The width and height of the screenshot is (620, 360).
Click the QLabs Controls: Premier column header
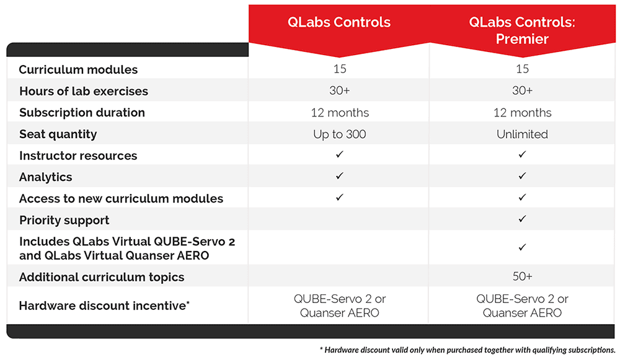(x=522, y=30)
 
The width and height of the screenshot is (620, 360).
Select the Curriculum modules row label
(x=78, y=69)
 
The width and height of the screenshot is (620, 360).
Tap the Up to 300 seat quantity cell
(x=339, y=134)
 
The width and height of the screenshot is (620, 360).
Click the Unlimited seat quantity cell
(x=522, y=134)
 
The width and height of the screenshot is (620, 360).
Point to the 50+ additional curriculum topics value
(x=522, y=276)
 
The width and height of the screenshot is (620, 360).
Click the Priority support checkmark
(x=522, y=219)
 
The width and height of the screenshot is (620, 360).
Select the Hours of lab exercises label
(x=84, y=91)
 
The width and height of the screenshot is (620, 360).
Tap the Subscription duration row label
(x=82, y=113)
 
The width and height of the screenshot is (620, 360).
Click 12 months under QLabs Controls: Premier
(x=522, y=113)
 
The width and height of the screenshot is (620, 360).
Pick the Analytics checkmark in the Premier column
(x=522, y=175)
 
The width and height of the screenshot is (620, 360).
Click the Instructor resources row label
(x=78, y=156)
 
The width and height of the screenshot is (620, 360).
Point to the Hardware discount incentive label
(x=104, y=305)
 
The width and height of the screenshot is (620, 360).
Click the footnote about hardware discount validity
(x=467, y=349)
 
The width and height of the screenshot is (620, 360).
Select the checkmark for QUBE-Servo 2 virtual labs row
(x=522, y=247)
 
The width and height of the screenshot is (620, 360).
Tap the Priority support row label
(x=64, y=220)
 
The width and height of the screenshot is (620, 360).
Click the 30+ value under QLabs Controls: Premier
(x=522, y=90)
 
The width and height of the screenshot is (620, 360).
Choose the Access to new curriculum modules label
(x=121, y=198)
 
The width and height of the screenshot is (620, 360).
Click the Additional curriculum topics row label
(x=102, y=277)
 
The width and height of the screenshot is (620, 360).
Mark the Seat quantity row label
(x=58, y=134)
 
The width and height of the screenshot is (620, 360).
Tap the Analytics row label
(x=45, y=177)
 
